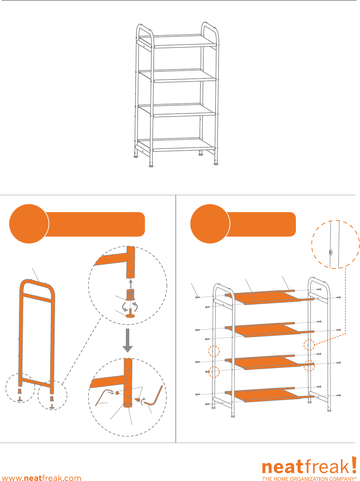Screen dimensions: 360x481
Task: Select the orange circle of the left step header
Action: pyautogui.click(x=29, y=223)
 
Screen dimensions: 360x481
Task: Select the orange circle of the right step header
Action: pyautogui.click(x=210, y=223)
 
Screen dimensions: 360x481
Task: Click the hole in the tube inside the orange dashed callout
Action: pyautogui.click(x=330, y=253)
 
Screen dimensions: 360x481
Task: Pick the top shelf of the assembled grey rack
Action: pyautogui.click(x=177, y=41)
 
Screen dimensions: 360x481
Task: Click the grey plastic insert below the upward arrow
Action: pyautogui.click(x=131, y=295)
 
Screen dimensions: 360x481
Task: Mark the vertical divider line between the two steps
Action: pyautogui.click(x=176, y=319)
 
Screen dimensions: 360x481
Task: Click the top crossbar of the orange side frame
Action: pyautogui.click(x=36, y=298)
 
